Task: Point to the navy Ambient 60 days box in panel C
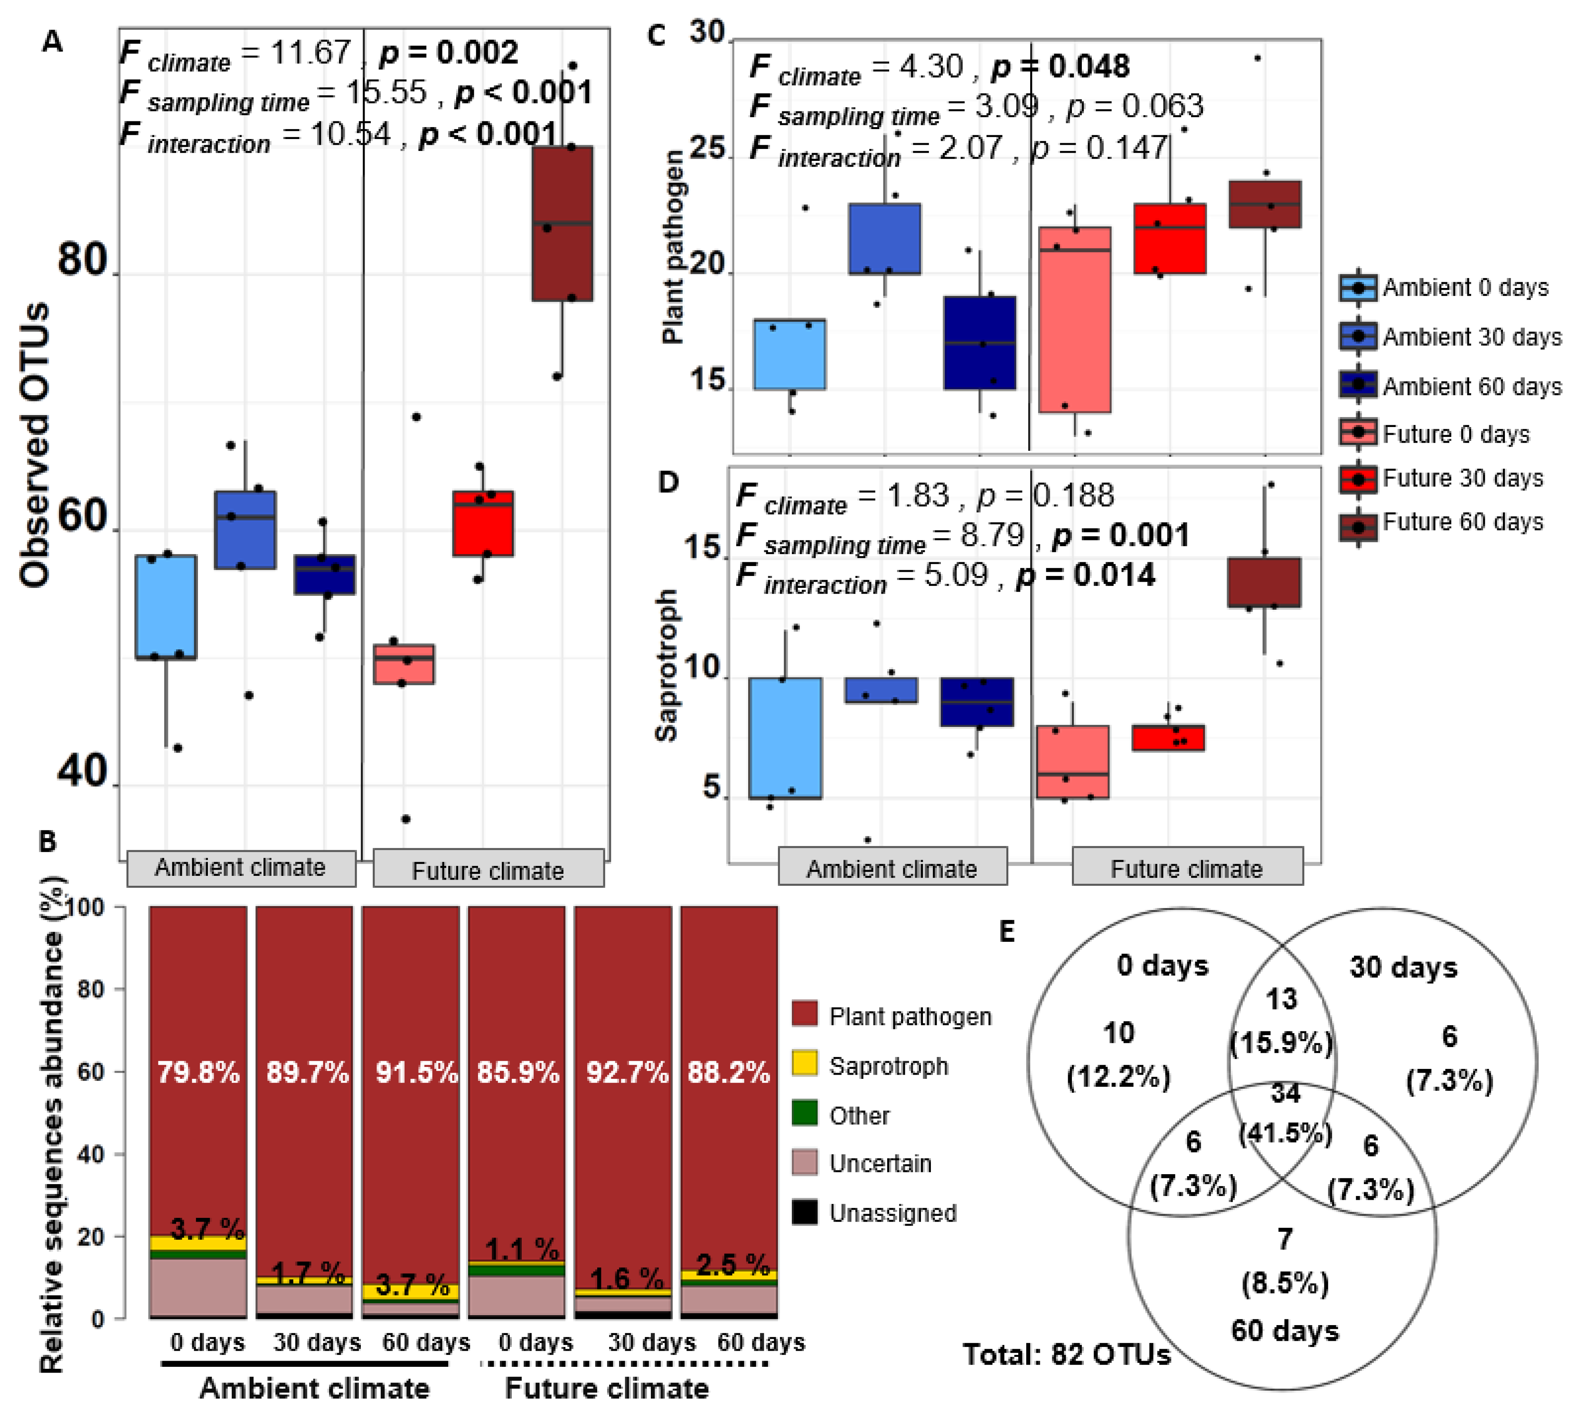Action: pyautogui.click(x=980, y=342)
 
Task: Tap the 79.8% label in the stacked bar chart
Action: pyautogui.click(x=199, y=1072)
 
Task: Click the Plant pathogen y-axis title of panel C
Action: pyautogui.click(x=672, y=247)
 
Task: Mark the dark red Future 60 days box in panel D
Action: pyautogui.click(x=1263, y=582)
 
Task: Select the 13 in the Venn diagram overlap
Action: pyautogui.click(x=1281, y=999)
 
